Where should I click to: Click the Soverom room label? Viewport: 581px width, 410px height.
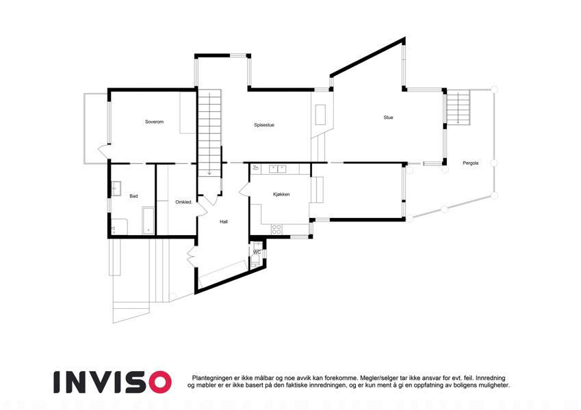pos(154,122)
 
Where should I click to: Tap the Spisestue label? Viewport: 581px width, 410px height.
pos(264,125)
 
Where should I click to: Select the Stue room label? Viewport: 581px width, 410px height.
pos(388,118)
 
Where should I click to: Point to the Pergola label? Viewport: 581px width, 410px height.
pos(471,163)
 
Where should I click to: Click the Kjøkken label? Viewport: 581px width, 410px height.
pos(281,194)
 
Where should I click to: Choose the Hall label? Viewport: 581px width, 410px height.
pos(223,221)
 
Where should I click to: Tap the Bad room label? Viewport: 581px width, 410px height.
pos(133,196)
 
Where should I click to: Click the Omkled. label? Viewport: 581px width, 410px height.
pos(184,202)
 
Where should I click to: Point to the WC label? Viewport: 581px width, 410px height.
pos(257,252)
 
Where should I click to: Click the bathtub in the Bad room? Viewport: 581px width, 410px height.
pos(149,221)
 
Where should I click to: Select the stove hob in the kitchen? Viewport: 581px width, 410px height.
pos(276,230)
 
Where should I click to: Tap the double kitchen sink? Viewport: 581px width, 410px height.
pos(278,169)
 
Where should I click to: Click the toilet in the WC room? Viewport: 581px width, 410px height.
pos(255,262)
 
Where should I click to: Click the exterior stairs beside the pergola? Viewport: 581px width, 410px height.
pos(458,107)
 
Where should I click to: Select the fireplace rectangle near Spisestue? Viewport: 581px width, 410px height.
pos(320,115)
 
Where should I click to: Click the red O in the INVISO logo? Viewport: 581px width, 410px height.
pos(160,382)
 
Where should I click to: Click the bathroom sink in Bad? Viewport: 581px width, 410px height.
pos(116,189)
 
